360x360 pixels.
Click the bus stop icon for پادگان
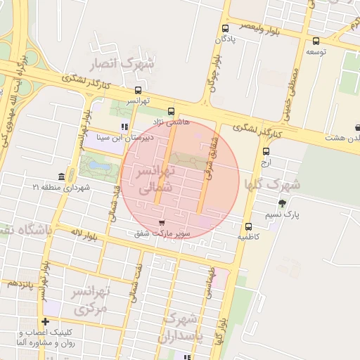(x=225, y=29)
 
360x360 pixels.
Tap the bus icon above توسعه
(x=316, y=41)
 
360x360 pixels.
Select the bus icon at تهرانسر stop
(x=138, y=90)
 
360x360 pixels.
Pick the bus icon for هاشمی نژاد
(x=171, y=111)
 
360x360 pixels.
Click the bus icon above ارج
(x=266, y=151)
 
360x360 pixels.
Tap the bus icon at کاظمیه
(x=248, y=226)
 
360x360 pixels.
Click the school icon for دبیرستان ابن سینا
(x=124, y=127)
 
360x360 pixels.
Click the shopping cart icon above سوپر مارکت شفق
(x=163, y=222)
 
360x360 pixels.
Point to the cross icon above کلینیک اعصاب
(x=46, y=321)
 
